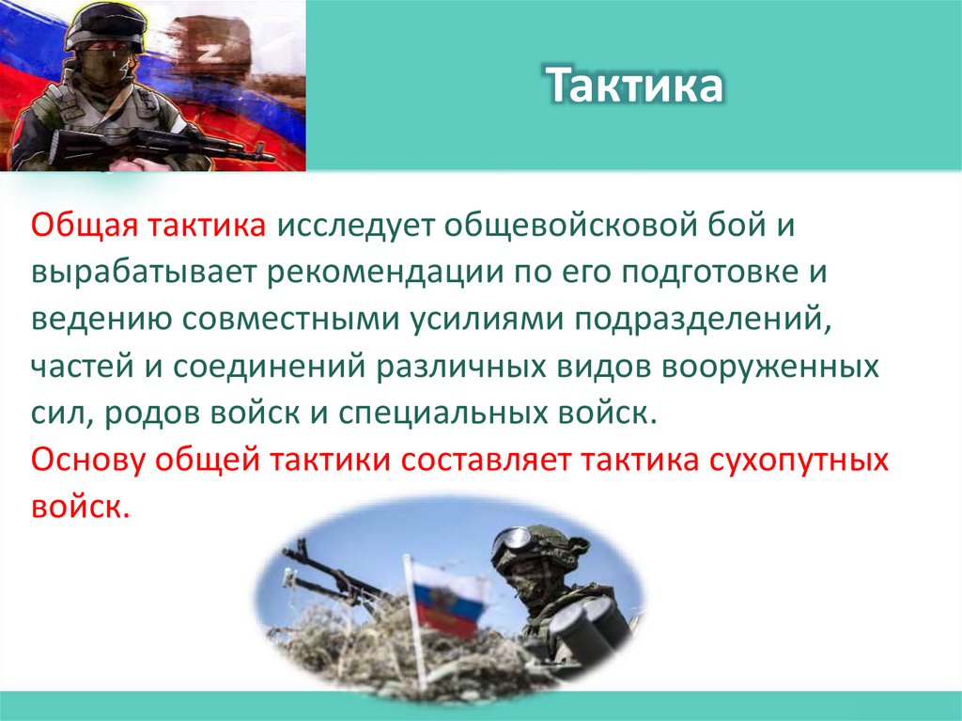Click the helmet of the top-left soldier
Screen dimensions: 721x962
tap(104, 24)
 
